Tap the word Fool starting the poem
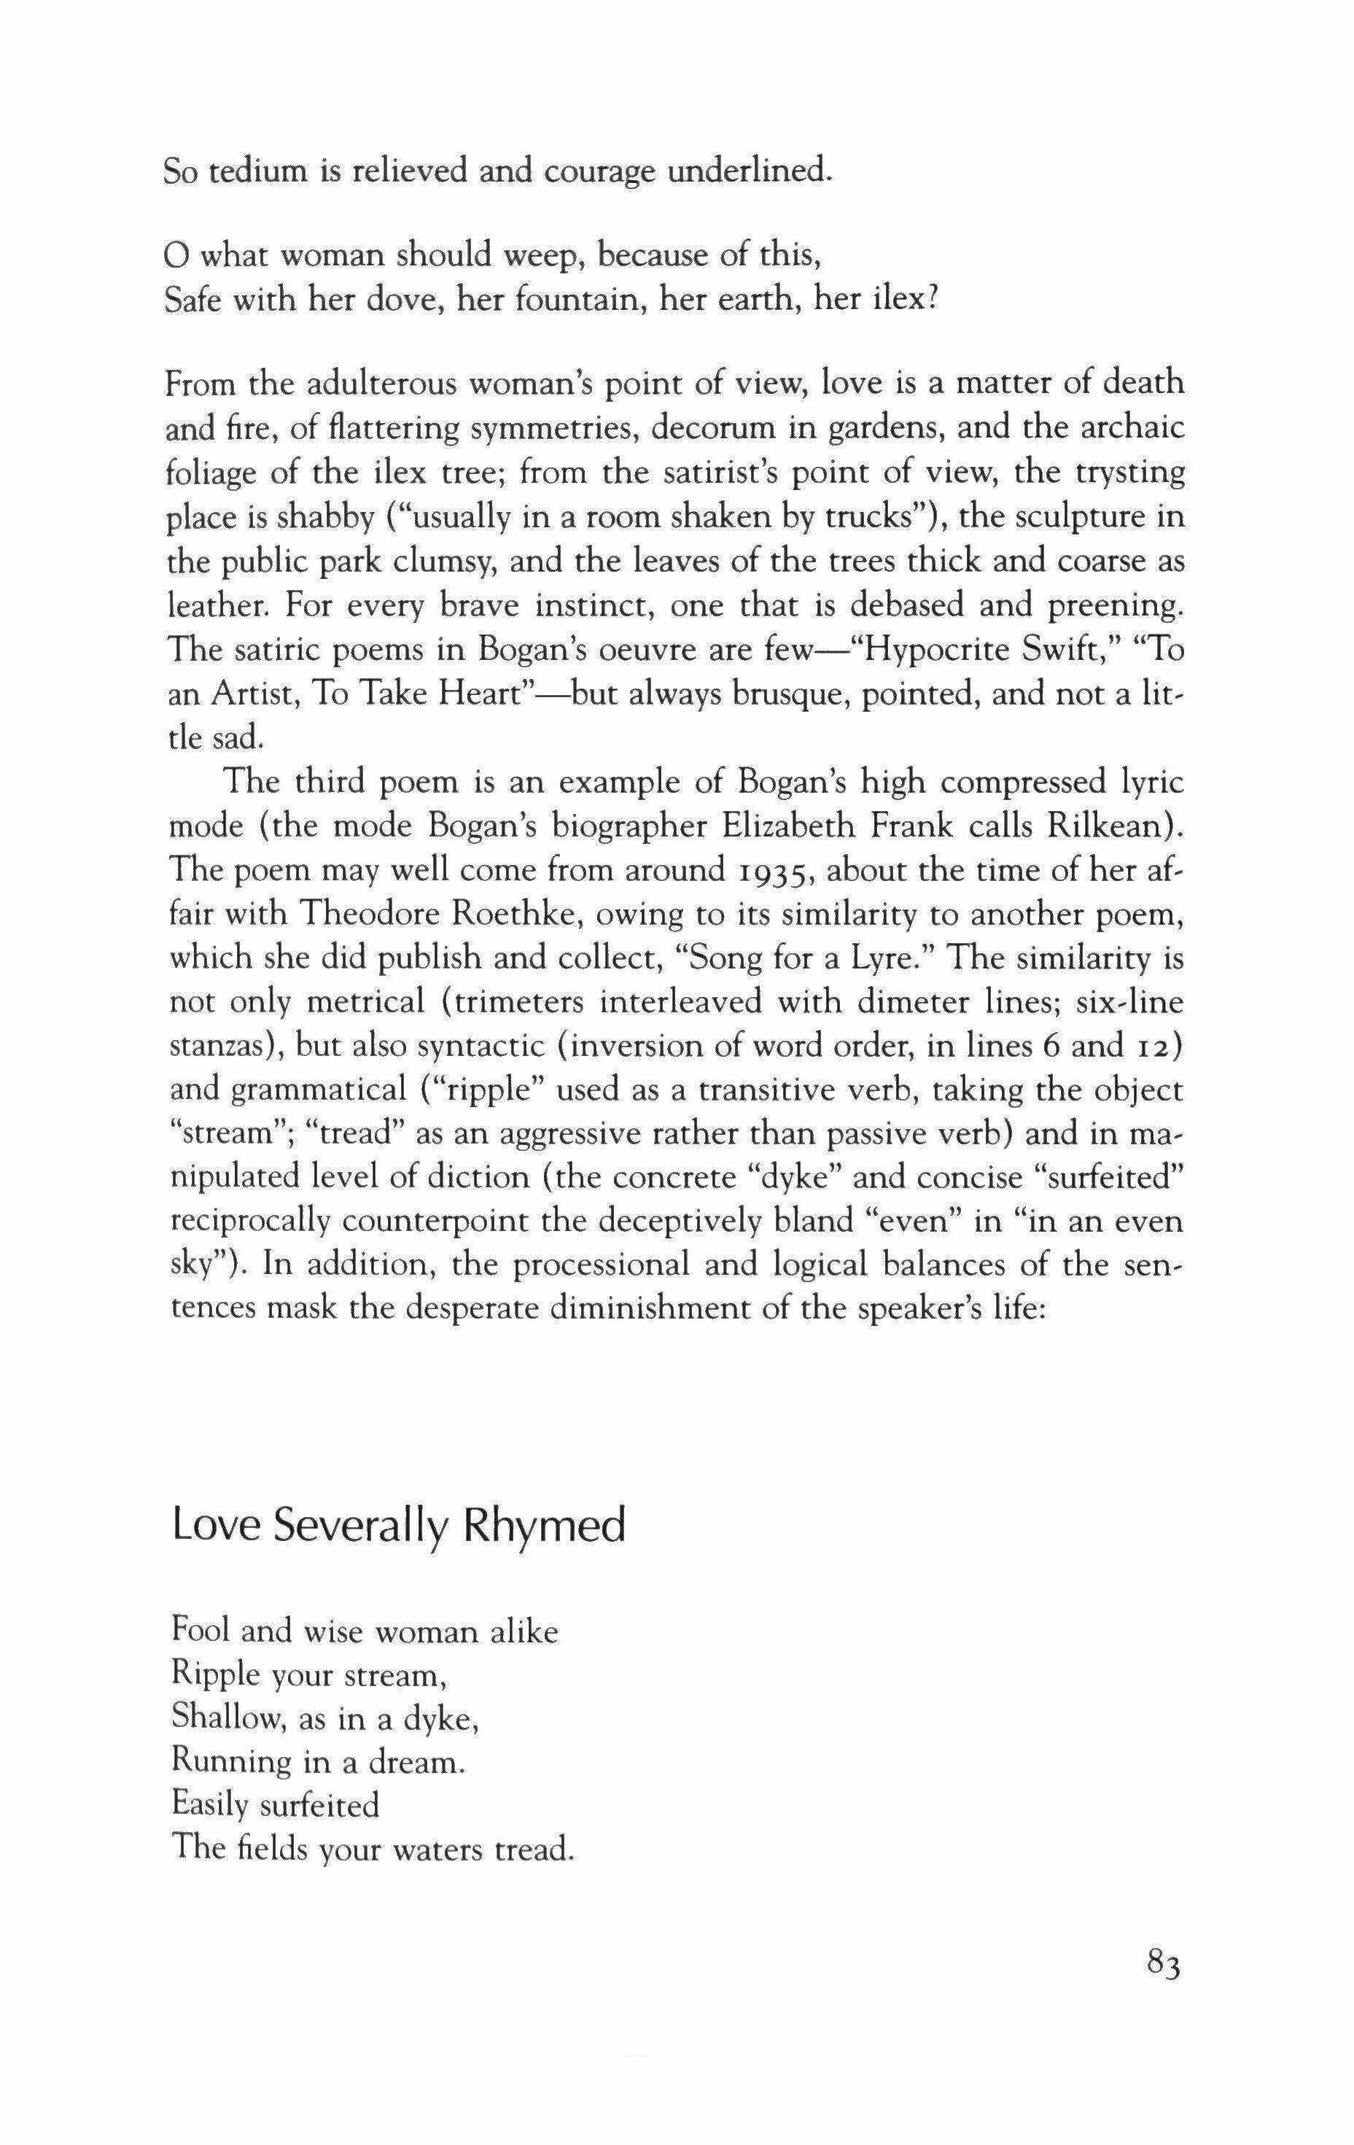pyautogui.click(x=201, y=1631)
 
